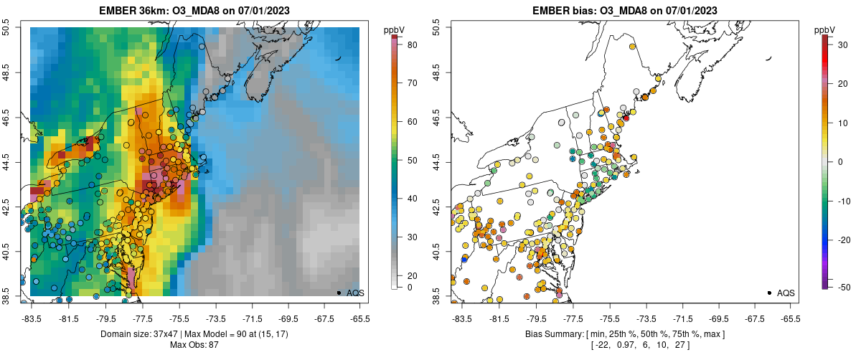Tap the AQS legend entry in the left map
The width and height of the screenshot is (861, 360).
click(354, 293)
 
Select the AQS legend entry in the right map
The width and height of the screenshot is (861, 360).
click(785, 293)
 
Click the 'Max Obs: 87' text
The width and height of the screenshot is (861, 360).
click(194, 345)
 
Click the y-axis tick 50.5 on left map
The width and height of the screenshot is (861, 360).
click(7, 27)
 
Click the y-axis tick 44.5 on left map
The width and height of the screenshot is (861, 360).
click(7, 161)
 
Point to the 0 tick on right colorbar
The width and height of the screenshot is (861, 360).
click(836, 161)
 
